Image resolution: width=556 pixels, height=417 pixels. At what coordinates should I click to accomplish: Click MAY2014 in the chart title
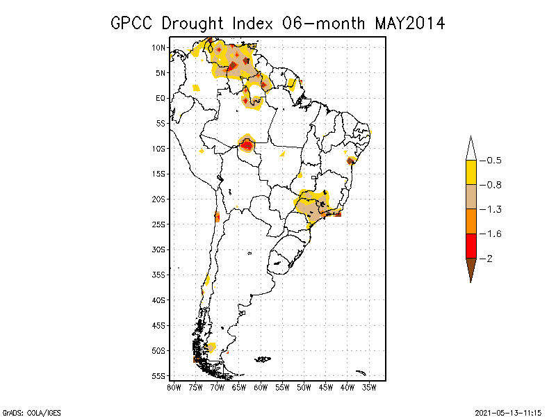coord(409,23)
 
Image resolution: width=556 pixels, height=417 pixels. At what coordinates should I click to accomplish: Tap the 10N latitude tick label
coord(159,48)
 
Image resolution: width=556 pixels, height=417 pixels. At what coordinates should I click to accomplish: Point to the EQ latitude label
coord(161,98)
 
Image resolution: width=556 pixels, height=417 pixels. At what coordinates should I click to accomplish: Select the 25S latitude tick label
coord(159,224)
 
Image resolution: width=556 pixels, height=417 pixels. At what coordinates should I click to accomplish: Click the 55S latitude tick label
coord(159,376)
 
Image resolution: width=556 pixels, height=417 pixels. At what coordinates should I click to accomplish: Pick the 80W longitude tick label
coord(174,387)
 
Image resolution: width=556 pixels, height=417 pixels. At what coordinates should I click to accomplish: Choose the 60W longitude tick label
coord(261,387)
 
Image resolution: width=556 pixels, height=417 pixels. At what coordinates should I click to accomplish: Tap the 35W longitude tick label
coord(369,387)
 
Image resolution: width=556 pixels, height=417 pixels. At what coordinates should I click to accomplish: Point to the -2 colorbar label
coord(490,259)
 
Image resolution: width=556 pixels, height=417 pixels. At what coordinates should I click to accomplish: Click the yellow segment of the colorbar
coord(471,172)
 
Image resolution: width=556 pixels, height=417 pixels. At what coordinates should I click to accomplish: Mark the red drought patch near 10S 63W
coord(247,145)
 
